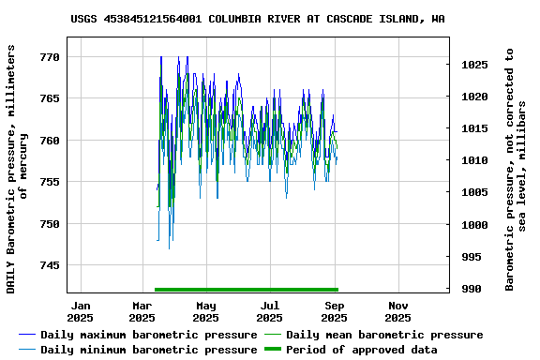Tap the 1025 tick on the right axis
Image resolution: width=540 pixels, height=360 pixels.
click(x=474, y=65)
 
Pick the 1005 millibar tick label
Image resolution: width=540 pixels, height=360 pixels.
click(x=474, y=193)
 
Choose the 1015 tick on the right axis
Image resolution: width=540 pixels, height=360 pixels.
click(x=474, y=129)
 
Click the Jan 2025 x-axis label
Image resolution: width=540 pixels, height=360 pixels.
click(x=81, y=311)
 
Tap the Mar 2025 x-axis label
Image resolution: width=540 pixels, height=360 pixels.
click(x=142, y=311)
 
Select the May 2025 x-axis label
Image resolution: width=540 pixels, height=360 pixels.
click(x=206, y=311)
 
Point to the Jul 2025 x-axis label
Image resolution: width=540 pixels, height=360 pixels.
click(x=270, y=311)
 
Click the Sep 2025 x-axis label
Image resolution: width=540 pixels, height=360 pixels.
click(x=335, y=311)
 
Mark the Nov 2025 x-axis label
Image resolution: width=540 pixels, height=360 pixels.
click(x=398, y=311)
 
